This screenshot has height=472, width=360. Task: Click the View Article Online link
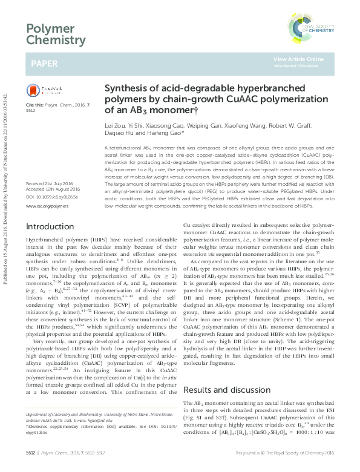pos(298,59)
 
